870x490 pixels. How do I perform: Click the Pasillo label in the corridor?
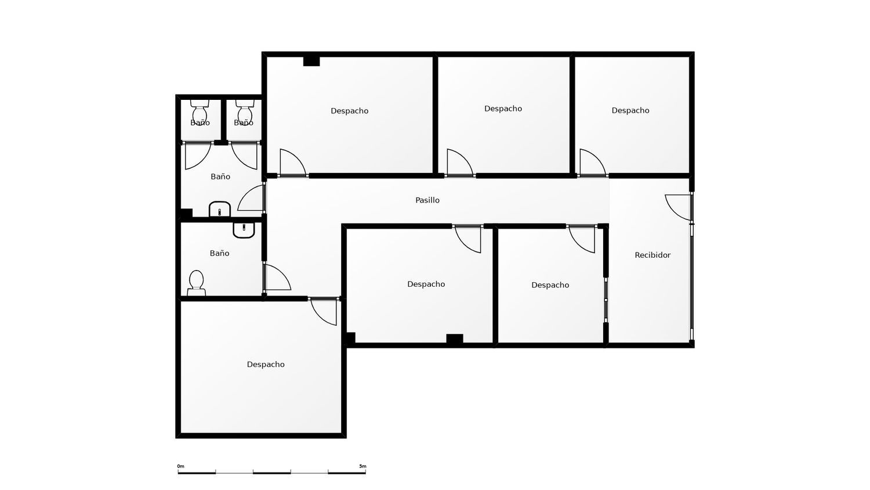coord(427,200)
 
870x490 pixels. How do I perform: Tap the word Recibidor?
coord(652,255)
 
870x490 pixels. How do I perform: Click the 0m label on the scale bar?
coord(180,466)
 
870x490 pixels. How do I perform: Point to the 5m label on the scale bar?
coord(362,466)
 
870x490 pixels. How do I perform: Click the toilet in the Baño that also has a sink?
coord(196,283)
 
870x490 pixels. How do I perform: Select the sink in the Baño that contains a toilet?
coord(244,230)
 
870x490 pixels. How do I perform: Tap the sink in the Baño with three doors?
coord(220,209)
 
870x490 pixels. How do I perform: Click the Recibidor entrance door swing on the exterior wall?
coord(678,207)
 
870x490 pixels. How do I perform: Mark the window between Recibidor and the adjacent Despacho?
coord(606,300)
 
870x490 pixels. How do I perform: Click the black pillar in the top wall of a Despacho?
coord(311,61)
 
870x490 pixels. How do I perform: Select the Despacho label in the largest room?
coord(266,365)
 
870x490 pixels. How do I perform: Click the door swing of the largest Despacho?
coord(324,312)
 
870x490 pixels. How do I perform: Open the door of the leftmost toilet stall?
coord(198,156)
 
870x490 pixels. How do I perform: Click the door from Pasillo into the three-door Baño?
coord(251,198)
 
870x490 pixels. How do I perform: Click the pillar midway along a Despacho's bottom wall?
coord(454,338)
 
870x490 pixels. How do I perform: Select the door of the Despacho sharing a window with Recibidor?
coord(582,239)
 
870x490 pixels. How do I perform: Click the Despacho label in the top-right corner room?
coord(630,110)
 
